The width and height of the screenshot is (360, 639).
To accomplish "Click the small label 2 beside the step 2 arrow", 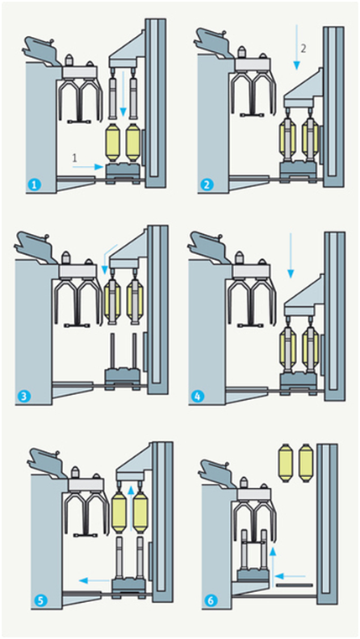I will pyautogui.click(x=304, y=49).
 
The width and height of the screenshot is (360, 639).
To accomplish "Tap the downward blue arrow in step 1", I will pyautogui.click(x=125, y=95).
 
